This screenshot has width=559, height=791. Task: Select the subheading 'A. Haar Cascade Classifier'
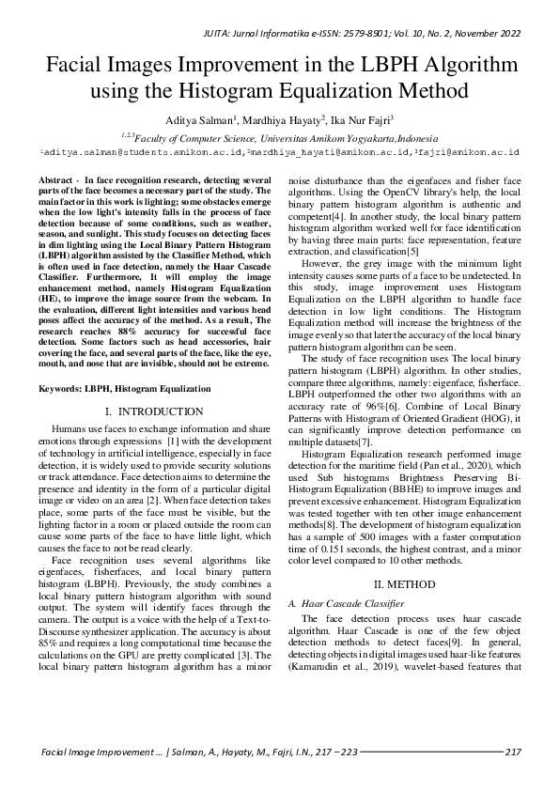click(345, 603)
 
